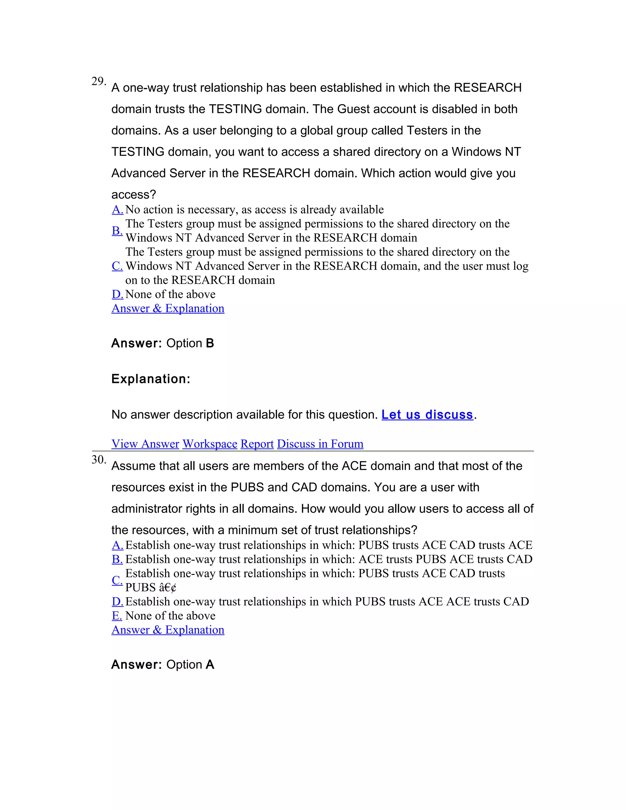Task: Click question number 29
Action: click(x=98, y=82)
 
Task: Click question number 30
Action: click(x=98, y=460)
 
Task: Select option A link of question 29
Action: click(x=118, y=210)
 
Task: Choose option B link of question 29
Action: click(x=117, y=231)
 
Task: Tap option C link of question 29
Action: click(x=117, y=266)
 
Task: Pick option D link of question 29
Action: click(x=118, y=294)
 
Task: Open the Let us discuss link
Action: click(x=427, y=415)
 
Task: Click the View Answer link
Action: click(x=145, y=444)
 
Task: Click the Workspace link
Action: click(x=210, y=444)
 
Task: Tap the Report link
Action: click(x=257, y=444)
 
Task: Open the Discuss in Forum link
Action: click(x=320, y=444)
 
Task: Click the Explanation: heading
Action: click(x=151, y=379)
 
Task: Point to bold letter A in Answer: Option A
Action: click(x=210, y=665)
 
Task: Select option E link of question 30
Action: click(x=117, y=616)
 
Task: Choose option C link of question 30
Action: click(x=117, y=580)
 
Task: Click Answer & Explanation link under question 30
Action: click(x=168, y=630)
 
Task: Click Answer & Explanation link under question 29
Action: click(x=168, y=309)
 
